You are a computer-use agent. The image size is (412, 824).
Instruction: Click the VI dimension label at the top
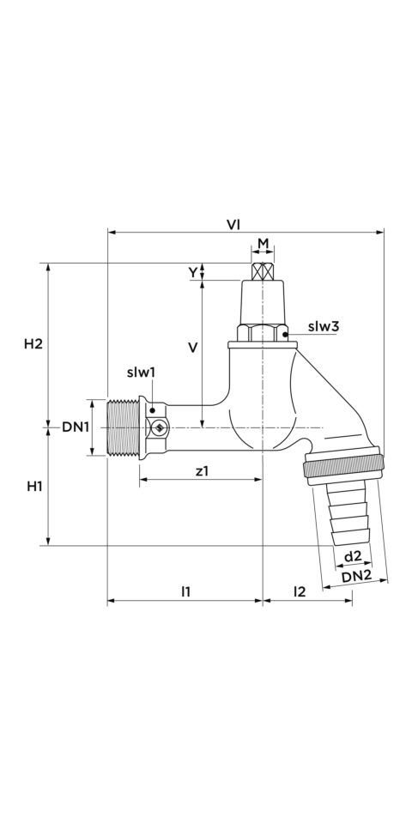tap(233, 224)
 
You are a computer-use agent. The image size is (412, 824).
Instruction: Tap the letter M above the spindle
tap(264, 244)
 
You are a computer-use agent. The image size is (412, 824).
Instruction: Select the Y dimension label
tap(193, 272)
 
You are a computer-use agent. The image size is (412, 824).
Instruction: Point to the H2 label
tap(33, 344)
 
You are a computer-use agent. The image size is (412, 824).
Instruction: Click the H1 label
tap(34, 487)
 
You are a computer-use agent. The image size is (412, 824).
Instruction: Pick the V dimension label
tap(193, 348)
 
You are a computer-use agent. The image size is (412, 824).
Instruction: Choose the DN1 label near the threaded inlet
tap(76, 427)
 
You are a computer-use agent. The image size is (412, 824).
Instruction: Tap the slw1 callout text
tap(141, 373)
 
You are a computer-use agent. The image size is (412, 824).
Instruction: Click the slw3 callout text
tap(324, 326)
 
